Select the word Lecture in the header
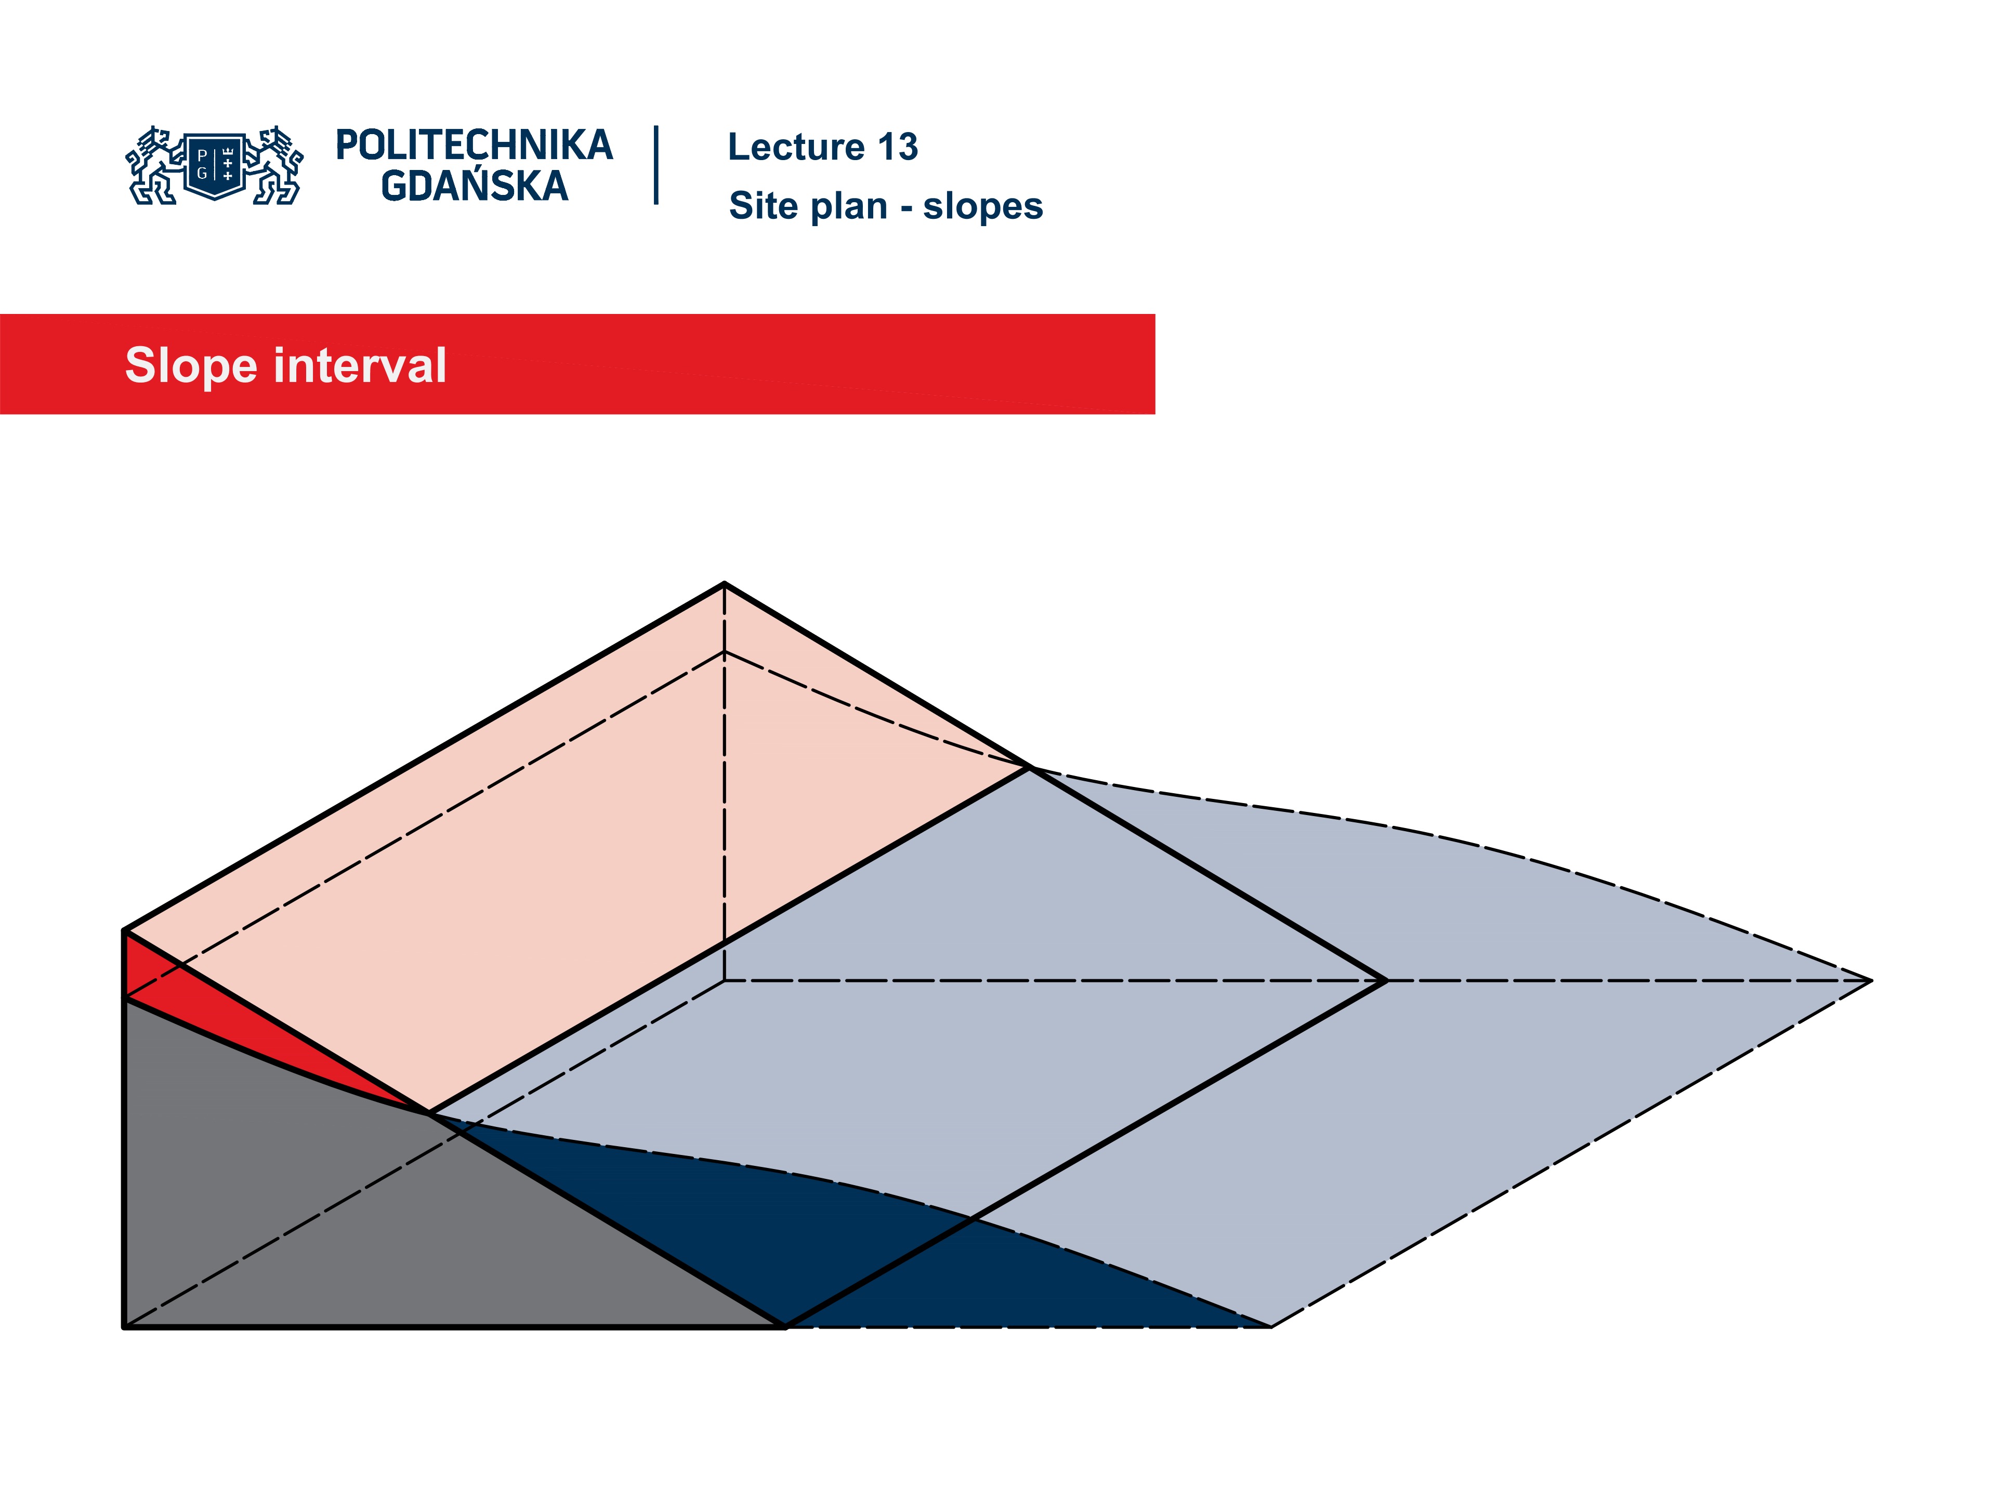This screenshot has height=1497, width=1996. [796, 147]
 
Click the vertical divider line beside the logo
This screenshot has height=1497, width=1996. [656, 165]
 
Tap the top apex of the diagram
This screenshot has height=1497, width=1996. [724, 585]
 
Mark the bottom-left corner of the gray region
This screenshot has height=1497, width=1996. [125, 1327]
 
